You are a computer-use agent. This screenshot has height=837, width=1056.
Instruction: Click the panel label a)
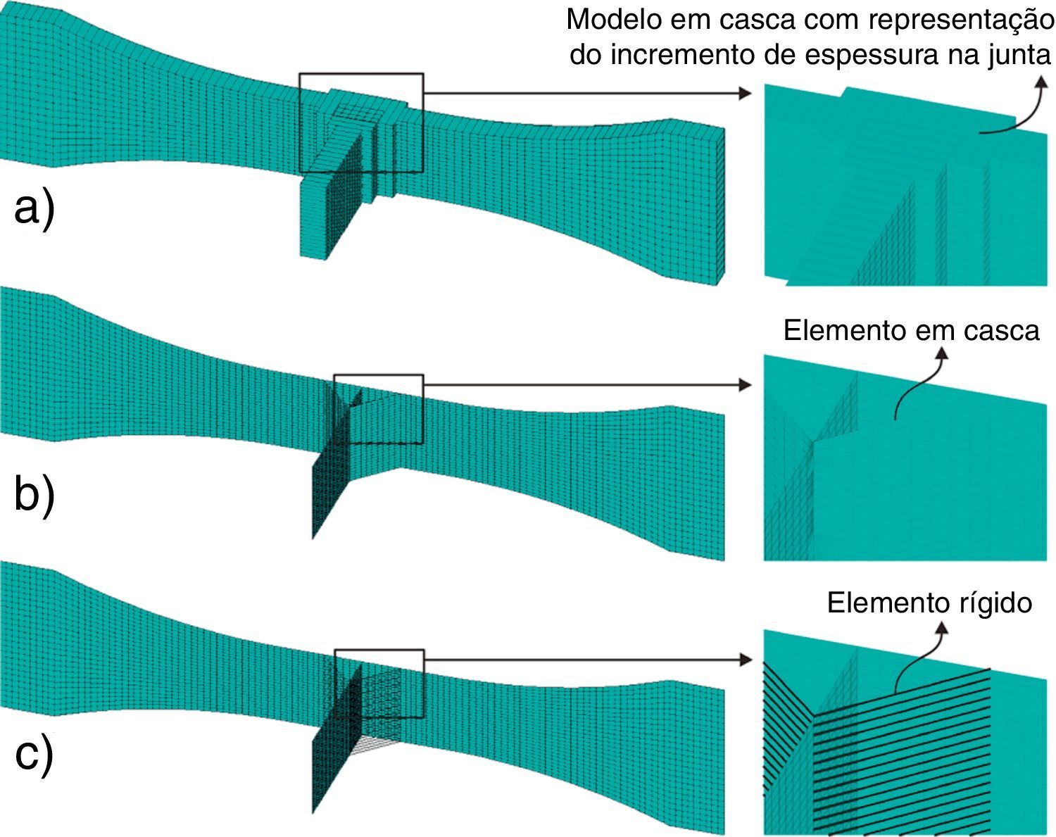point(33,210)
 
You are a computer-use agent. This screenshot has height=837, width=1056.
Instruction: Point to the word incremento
point(680,55)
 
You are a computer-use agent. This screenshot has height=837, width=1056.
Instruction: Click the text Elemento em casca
point(911,330)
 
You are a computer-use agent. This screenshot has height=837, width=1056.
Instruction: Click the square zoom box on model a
point(361,122)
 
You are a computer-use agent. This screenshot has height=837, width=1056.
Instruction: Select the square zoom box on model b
point(378,409)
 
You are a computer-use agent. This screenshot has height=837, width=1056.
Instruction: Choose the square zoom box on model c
point(378,683)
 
